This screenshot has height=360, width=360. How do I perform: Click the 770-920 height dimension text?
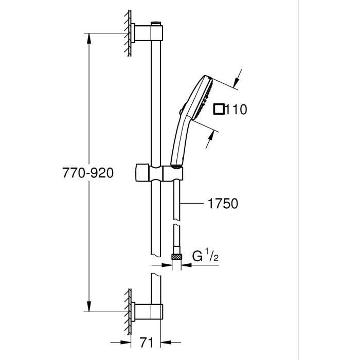coord(87,173)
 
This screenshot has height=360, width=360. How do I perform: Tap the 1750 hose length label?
coord(223,204)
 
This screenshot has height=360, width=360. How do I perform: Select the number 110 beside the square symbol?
coord(236,109)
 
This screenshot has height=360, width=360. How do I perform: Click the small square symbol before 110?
coord(219,109)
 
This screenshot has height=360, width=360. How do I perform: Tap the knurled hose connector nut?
coord(177,256)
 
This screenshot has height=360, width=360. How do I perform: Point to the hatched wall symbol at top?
coord(127,34)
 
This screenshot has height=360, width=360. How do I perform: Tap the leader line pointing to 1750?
coord(193,204)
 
